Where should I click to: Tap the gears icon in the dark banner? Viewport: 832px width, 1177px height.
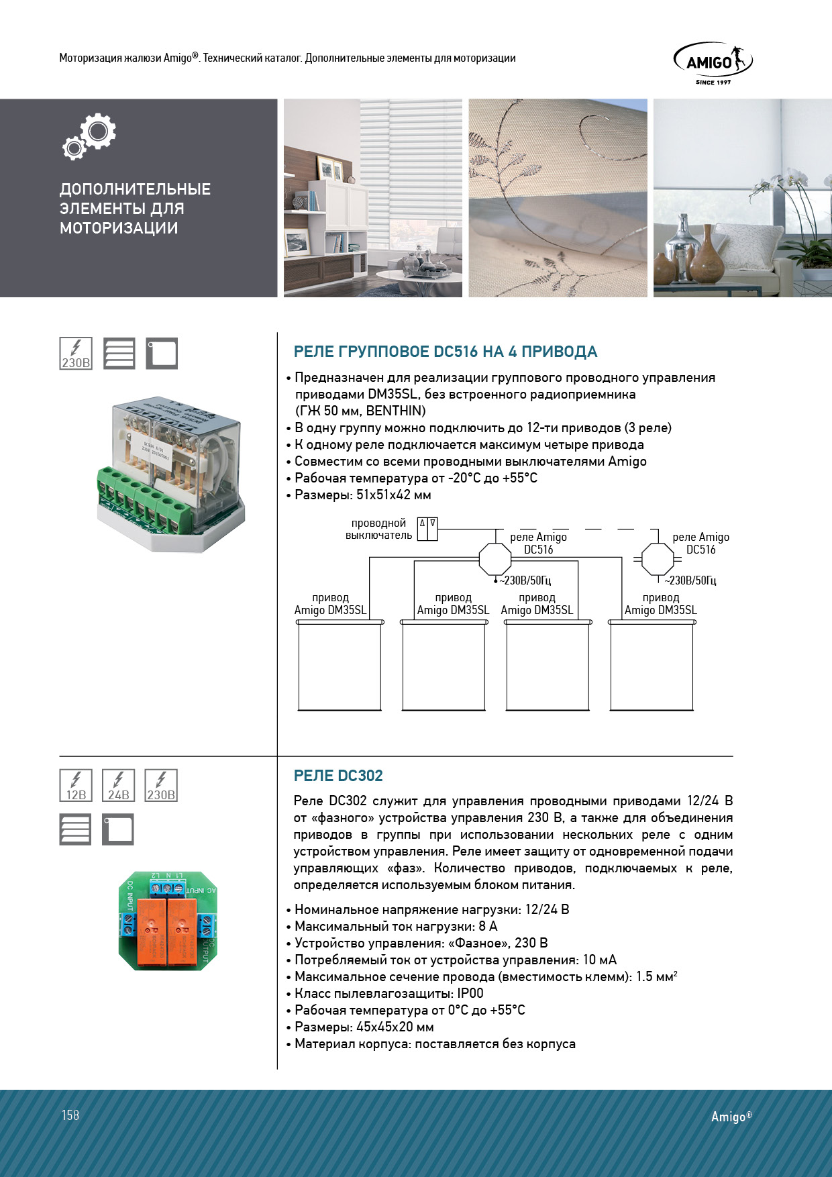[x=90, y=136]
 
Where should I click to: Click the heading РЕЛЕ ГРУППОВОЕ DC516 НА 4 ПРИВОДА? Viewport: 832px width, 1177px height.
[x=446, y=352]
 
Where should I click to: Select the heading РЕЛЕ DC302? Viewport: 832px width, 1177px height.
[x=338, y=776]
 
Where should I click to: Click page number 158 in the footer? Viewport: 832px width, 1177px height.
[x=70, y=1115]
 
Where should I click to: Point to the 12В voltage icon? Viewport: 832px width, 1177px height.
[x=76, y=786]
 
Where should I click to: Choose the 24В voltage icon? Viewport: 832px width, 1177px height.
[x=118, y=786]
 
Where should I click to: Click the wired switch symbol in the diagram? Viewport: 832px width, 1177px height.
[x=427, y=529]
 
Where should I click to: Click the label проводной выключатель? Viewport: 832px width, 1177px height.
[x=378, y=529]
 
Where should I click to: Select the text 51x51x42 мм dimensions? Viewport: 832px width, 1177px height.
[x=393, y=495]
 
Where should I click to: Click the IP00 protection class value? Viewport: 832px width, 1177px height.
[x=470, y=994]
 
